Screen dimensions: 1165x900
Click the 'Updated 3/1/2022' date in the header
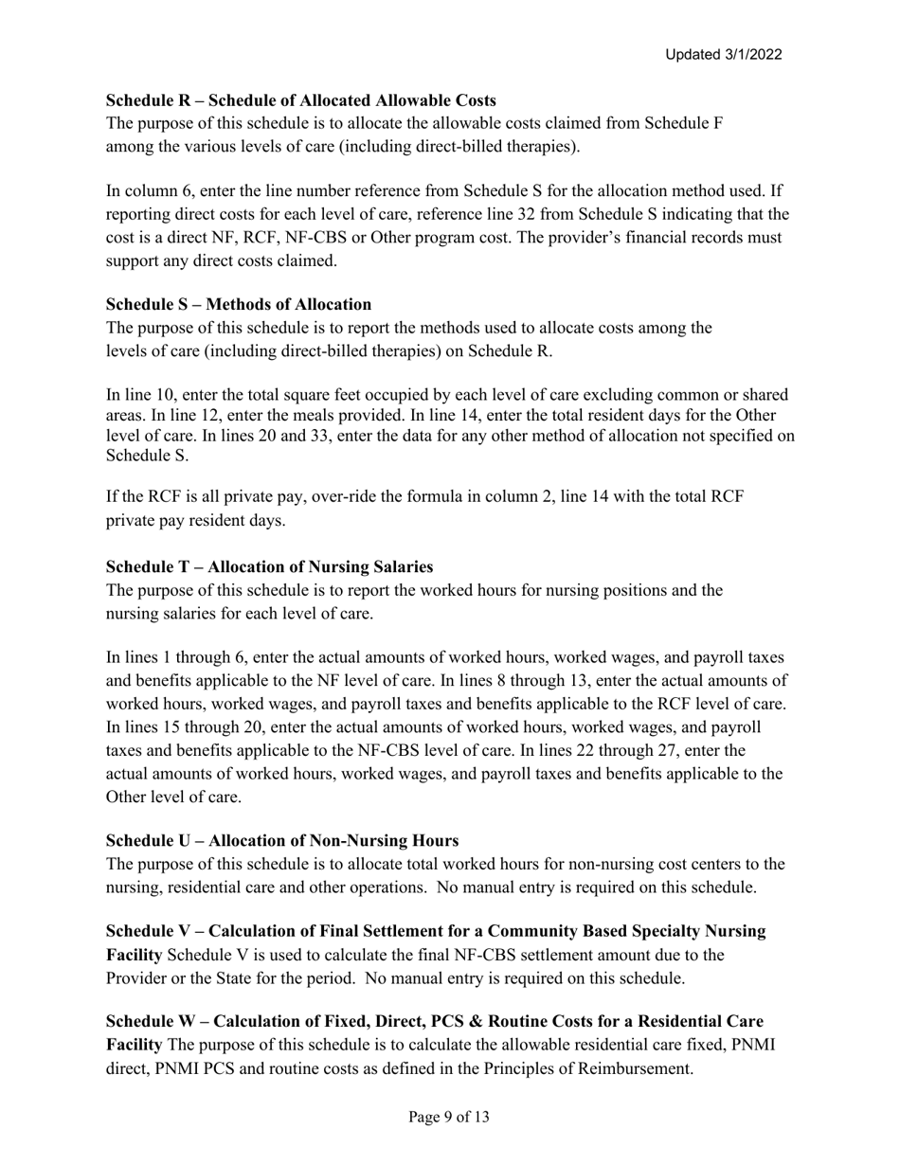point(723,55)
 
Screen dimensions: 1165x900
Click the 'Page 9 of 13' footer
point(449,1117)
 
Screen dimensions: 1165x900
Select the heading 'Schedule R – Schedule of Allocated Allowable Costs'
point(300,100)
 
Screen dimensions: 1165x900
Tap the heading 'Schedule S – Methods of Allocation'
point(239,304)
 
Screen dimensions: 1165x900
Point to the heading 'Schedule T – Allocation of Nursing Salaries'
point(269,566)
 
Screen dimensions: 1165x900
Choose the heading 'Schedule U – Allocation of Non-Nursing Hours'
point(282,840)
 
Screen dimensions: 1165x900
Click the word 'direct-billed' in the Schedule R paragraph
point(531,146)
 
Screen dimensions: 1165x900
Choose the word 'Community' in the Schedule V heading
point(506,931)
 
